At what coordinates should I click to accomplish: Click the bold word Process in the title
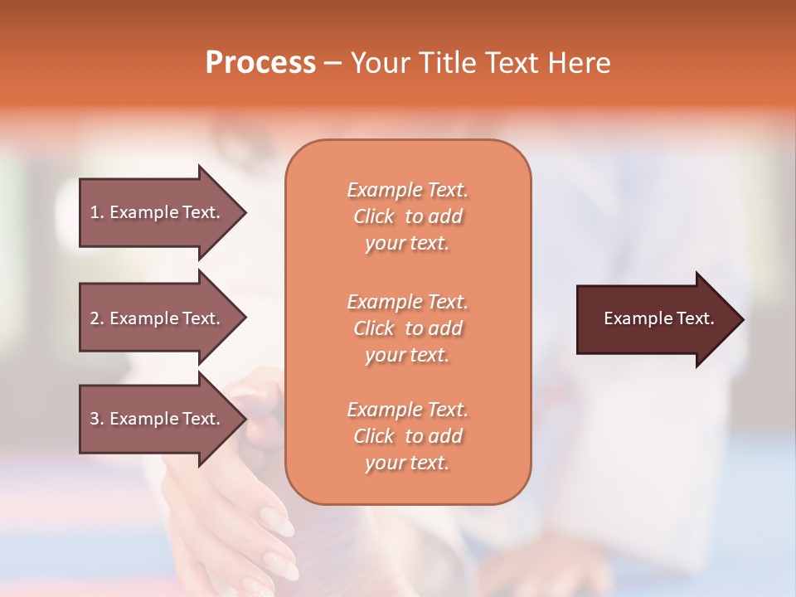[260, 62]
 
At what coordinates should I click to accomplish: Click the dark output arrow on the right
[647, 319]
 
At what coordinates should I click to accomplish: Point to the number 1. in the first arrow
[97, 212]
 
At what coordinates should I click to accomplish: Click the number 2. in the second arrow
[97, 318]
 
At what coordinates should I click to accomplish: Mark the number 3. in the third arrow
[97, 419]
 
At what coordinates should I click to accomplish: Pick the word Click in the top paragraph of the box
[374, 216]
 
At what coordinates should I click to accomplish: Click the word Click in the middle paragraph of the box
[374, 328]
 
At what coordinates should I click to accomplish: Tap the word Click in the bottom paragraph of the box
[374, 436]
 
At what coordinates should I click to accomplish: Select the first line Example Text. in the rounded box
[407, 190]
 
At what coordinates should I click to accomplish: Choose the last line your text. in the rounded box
[407, 463]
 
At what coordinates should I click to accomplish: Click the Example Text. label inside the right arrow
[659, 318]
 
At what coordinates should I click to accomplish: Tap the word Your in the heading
[378, 62]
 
